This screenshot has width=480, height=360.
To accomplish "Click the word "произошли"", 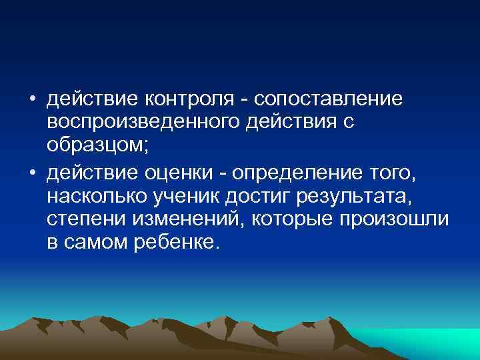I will coord(399,220).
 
